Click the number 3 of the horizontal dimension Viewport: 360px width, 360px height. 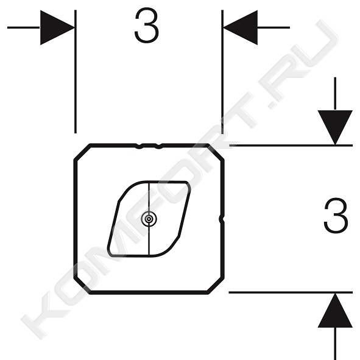pos(146,25)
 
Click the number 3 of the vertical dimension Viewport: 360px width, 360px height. pos(336,216)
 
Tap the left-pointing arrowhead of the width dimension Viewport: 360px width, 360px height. pos(241,27)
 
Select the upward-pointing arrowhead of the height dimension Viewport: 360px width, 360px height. pos(335,311)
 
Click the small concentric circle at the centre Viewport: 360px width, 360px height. pos(149,219)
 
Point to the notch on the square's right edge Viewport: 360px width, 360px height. pos(222,219)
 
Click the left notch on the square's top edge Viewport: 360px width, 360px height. pos(138,146)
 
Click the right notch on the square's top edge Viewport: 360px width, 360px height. pos(158,146)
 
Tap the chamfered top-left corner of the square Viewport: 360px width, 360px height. pos(82,152)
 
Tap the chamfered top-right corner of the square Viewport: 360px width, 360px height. pos(216,152)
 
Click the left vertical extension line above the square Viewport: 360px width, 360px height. pos(76,72)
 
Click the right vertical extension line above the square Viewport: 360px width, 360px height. pos(222,72)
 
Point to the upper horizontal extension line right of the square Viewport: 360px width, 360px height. pos(291,146)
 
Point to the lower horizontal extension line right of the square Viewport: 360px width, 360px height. pos(291,292)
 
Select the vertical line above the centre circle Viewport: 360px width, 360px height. pos(149,197)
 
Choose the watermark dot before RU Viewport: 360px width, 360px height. pos(272,105)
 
